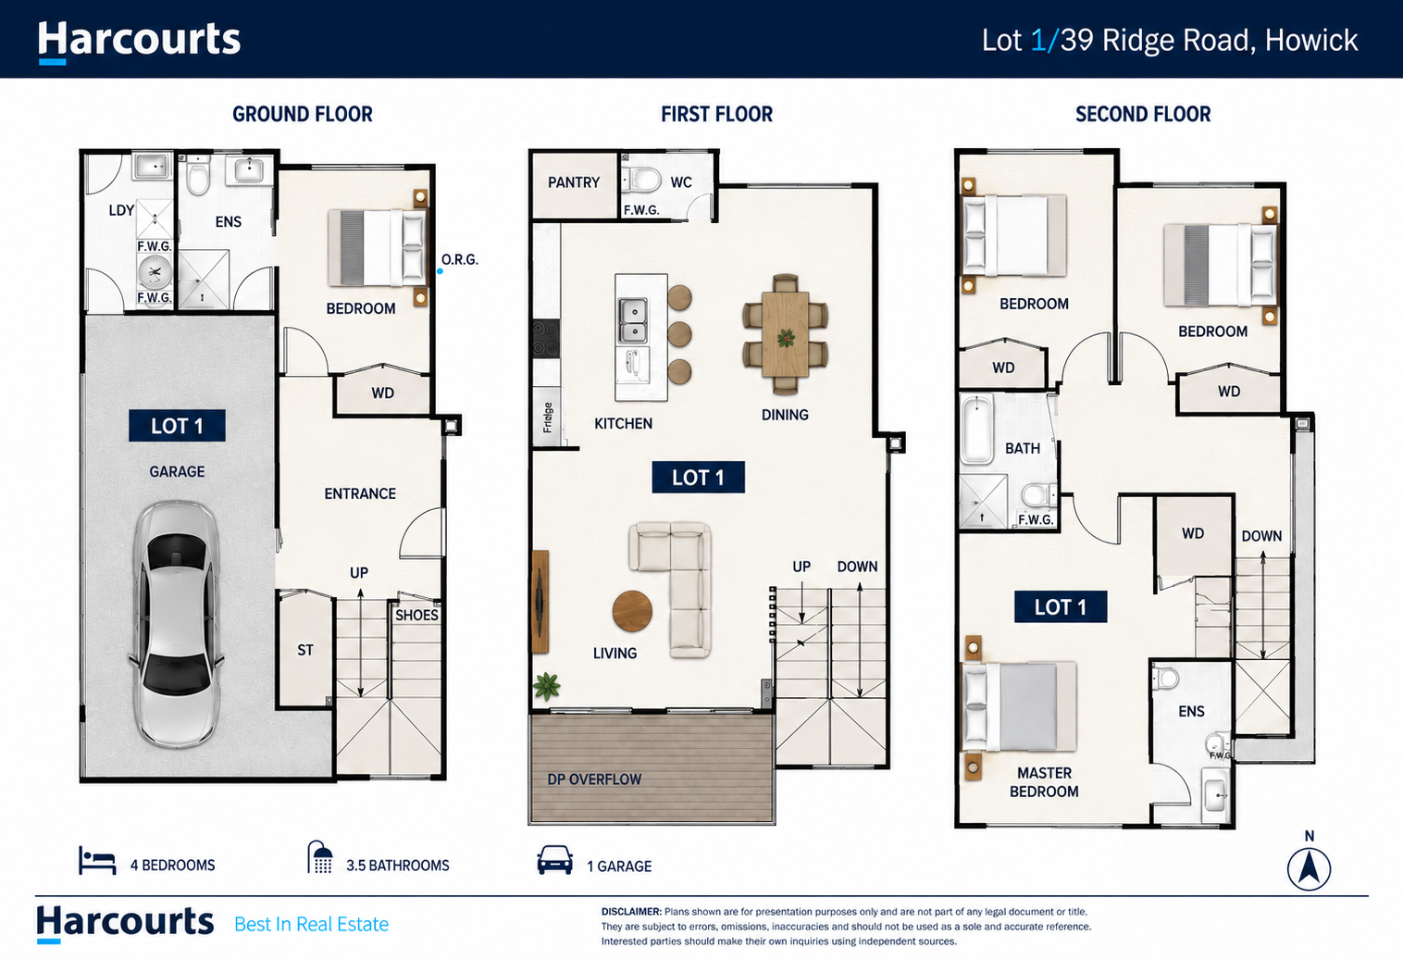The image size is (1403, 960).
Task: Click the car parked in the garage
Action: [177, 624]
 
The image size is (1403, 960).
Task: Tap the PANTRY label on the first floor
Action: [574, 182]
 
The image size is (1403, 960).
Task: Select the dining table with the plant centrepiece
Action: [786, 334]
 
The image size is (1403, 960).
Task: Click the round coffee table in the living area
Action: [632, 611]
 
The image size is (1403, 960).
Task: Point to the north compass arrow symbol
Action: [1309, 868]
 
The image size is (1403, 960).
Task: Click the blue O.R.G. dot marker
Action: [440, 271]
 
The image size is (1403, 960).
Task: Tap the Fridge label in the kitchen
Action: [548, 418]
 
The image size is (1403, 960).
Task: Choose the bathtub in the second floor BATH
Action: [977, 430]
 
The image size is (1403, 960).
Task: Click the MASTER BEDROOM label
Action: [1044, 782]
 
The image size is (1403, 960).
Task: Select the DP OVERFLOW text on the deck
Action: [594, 779]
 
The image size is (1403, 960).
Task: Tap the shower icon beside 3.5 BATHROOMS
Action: [320, 857]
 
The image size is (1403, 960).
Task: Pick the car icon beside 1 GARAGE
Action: [554, 860]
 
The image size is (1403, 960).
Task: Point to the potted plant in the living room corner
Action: [547, 686]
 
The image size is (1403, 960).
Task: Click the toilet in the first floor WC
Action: [641, 180]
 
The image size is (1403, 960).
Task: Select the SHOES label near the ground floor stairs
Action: [416, 616]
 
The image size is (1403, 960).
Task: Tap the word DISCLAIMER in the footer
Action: [631, 912]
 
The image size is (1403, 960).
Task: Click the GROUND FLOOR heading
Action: [303, 114]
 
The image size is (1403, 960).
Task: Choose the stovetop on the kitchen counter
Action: [545, 339]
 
